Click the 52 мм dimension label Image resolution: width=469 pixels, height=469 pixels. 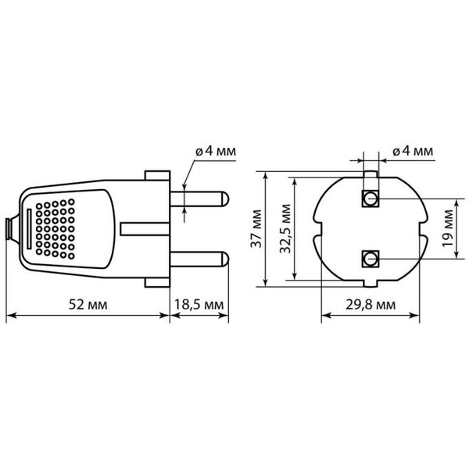[87, 303]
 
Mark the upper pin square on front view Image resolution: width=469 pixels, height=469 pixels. [369, 199]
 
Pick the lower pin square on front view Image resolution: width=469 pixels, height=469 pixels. [369, 257]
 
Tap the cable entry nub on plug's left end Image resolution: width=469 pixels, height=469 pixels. [9, 227]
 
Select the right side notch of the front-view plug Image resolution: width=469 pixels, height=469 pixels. [422, 228]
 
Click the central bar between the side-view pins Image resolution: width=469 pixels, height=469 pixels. [145, 227]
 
